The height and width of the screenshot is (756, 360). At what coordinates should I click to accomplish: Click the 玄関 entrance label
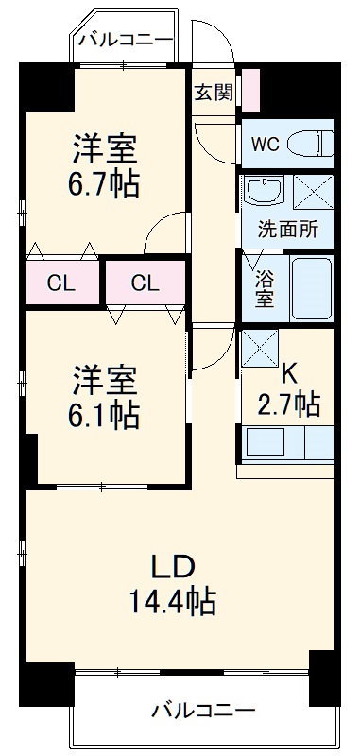click(x=214, y=93)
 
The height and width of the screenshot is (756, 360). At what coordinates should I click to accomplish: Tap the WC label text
click(x=265, y=145)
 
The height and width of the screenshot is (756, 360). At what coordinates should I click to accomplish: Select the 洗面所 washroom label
click(x=288, y=229)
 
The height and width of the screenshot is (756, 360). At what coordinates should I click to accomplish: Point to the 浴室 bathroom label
click(x=264, y=288)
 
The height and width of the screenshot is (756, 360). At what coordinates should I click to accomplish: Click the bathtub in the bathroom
click(x=311, y=288)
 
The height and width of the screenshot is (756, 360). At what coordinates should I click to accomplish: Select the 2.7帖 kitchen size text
click(x=288, y=404)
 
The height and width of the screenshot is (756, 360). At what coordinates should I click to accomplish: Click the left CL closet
click(x=62, y=282)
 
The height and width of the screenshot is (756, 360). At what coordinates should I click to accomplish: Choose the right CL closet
click(x=145, y=282)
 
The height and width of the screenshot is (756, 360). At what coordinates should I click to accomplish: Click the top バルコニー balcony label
click(x=126, y=40)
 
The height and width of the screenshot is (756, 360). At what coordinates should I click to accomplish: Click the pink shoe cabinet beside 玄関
click(x=250, y=91)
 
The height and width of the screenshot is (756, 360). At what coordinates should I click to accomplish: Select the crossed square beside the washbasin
click(x=311, y=193)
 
